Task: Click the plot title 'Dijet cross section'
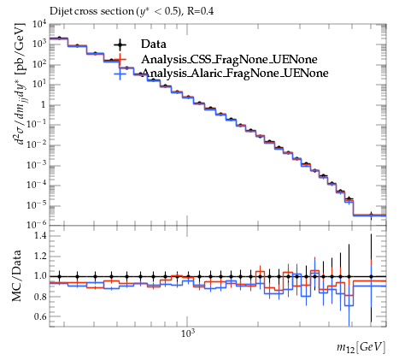pos(91,11)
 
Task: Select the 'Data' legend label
pos(154,44)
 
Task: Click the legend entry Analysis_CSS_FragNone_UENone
pos(229,59)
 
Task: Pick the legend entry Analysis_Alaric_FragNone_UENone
pos(235,73)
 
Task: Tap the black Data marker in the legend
pos(120,44)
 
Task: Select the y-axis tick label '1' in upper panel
pos(44,105)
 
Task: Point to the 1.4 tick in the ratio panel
pos(40,236)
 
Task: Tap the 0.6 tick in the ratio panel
pos(40,316)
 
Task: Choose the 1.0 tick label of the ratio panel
pos(40,276)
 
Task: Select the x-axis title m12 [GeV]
pos(361,347)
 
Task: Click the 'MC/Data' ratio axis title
pos(17,275)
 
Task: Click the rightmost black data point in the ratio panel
pos(371,276)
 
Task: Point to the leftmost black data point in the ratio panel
pos(60,276)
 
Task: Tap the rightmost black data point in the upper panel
pos(371,215)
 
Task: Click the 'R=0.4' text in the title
pos(200,11)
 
